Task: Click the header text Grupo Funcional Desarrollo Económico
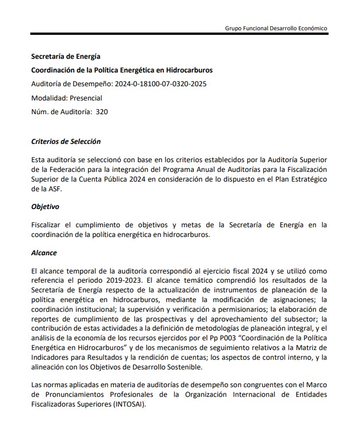[277, 28]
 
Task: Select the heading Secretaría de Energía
[66, 57]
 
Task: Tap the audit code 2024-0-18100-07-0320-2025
[161, 84]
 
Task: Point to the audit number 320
[102, 112]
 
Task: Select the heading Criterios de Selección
[66, 141]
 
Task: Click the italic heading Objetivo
[45, 207]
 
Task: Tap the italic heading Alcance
[43, 252]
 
